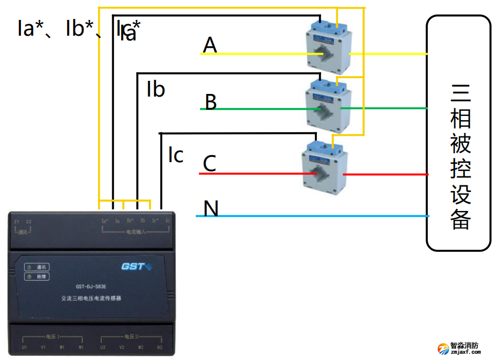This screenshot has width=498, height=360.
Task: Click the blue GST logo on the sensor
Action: [136, 267]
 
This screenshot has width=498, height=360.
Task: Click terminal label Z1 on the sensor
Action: [17, 221]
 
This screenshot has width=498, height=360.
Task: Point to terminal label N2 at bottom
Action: [161, 347]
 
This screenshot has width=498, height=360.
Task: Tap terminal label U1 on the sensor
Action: [24, 347]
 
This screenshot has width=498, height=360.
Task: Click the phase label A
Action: [210, 46]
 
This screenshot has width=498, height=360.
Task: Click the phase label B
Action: [210, 102]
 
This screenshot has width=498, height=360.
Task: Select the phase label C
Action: [209, 164]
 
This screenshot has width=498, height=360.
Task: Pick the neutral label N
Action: [211, 209]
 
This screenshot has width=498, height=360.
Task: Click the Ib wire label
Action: [156, 90]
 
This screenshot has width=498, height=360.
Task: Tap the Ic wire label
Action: [175, 155]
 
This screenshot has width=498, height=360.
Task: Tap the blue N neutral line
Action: [315, 216]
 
